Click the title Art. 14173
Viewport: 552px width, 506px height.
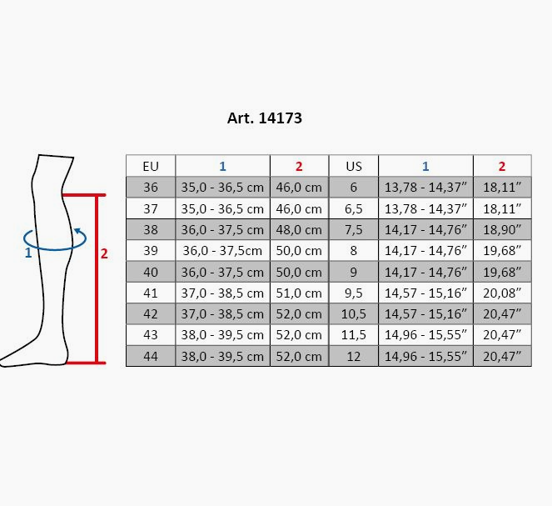[265, 118]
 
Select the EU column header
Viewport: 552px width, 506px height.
[151, 166]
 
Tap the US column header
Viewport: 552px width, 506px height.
[354, 166]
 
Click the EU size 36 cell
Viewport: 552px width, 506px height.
[151, 187]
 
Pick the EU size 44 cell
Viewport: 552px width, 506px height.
[151, 356]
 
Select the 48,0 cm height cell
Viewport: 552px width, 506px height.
[299, 230]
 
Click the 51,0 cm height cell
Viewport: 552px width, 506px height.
[299, 293]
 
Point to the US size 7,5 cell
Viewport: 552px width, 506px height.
[354, 230]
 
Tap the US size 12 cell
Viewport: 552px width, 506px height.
[354, 356]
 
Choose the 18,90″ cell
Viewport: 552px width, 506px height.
[502, 230]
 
